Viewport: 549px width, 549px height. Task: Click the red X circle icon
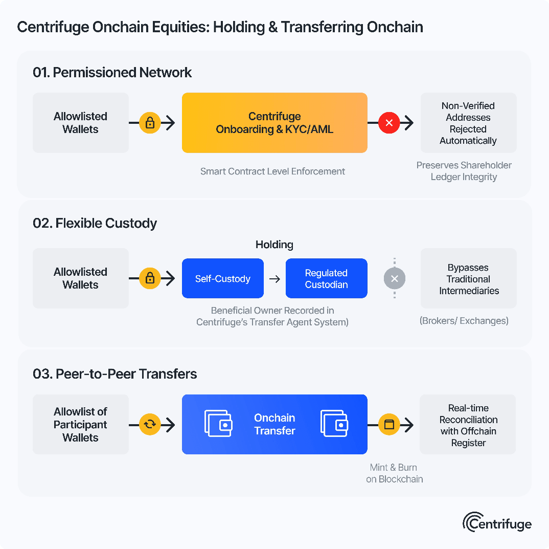389,123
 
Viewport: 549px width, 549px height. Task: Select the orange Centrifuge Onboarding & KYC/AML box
274,123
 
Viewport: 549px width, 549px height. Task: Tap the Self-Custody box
223,278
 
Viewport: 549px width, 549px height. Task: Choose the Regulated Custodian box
326,278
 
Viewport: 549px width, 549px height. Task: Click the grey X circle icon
394,279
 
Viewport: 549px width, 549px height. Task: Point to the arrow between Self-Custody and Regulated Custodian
274,279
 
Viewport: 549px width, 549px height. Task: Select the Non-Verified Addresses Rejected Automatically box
468,123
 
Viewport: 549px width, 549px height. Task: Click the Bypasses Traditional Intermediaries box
468,278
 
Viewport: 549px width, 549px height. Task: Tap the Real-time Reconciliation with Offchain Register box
468,425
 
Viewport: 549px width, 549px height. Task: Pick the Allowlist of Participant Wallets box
80,425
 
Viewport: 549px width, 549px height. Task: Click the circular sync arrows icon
150,424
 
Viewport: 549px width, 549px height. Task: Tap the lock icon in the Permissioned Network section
150,123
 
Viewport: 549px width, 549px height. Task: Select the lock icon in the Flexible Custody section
150,278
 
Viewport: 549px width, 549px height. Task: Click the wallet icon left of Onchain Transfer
219,424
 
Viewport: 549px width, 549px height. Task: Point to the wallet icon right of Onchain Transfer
335,424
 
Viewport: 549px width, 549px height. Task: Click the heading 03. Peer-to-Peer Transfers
115,374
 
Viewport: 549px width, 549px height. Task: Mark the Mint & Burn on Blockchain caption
394,473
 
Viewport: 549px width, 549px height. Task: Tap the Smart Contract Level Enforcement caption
272,171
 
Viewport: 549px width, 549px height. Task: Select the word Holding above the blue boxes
274,245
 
